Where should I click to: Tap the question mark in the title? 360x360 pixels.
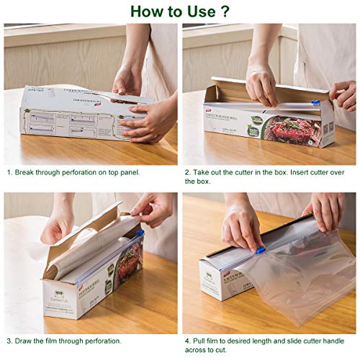pos(226,12)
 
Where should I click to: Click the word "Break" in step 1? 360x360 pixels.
pos(28,173)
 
